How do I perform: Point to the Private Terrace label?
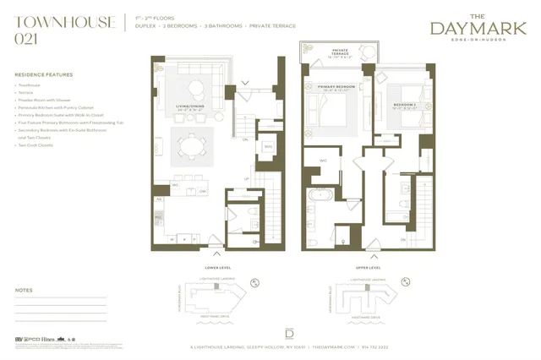[340, 52]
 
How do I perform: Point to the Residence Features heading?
[43, 75]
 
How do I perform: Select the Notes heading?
[24, 291]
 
